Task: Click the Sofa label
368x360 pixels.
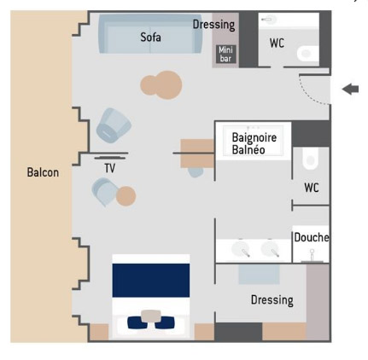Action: [150, 38]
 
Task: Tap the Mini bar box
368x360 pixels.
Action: [225, 54]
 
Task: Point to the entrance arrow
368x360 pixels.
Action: [350, 89]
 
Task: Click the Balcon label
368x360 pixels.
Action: [43, 172]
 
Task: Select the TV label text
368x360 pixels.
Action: [110, 168]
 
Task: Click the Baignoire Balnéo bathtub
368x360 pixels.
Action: [253, 141]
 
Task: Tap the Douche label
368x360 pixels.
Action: [311, 237]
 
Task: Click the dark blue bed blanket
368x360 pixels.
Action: [151, 281]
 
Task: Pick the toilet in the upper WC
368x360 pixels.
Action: [307, 54]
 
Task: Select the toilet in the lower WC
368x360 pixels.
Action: [310, 159]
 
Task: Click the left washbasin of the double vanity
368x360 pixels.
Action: [241, 248]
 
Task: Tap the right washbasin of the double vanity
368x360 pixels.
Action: [271, 248]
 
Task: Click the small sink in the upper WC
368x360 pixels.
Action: [269, 20]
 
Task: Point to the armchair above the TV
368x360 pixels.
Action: [114, 125]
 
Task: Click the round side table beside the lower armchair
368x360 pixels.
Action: [126, 196]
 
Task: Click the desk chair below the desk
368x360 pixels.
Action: [196, 172]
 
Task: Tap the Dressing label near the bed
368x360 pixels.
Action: [272, 300]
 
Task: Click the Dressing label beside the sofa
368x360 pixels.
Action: [214, 25]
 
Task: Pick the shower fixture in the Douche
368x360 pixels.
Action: [312, 256]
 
